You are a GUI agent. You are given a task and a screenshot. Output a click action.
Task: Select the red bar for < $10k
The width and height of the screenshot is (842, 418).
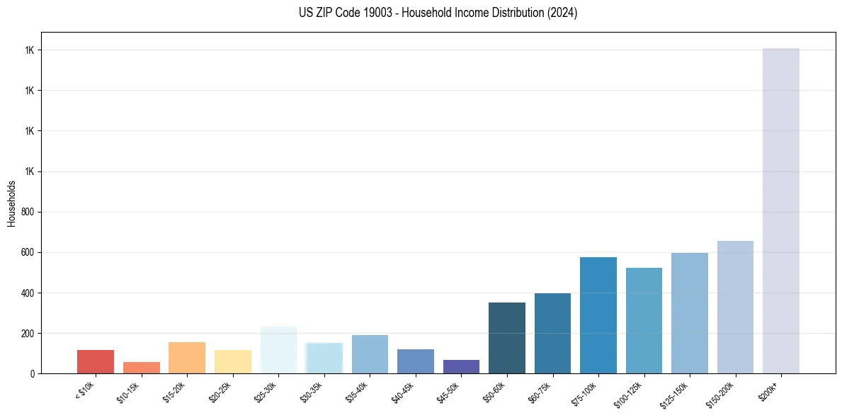point(96,361)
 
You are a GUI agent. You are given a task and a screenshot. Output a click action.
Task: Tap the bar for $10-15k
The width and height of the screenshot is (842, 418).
point(141,368)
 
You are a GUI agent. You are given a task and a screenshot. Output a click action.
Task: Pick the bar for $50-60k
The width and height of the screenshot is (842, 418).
point(507,338)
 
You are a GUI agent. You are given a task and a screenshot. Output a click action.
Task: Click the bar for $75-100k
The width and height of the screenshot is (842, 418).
point(598,315)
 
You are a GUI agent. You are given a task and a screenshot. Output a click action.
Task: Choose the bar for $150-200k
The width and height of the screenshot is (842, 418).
point(735,307)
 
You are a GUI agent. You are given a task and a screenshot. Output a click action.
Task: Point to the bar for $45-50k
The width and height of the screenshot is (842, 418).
point(461,366)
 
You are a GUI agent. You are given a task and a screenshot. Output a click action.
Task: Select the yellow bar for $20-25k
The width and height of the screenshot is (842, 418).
point(232,361)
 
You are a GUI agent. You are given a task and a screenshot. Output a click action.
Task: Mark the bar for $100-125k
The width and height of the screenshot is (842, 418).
point(644,320)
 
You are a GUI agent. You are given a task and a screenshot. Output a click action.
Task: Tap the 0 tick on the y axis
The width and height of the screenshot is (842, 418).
point(33,373)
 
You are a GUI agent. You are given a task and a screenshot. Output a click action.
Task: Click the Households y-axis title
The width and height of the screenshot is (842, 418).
point(12,203)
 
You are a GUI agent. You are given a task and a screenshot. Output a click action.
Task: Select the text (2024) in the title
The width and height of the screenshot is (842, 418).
point(562,13)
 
